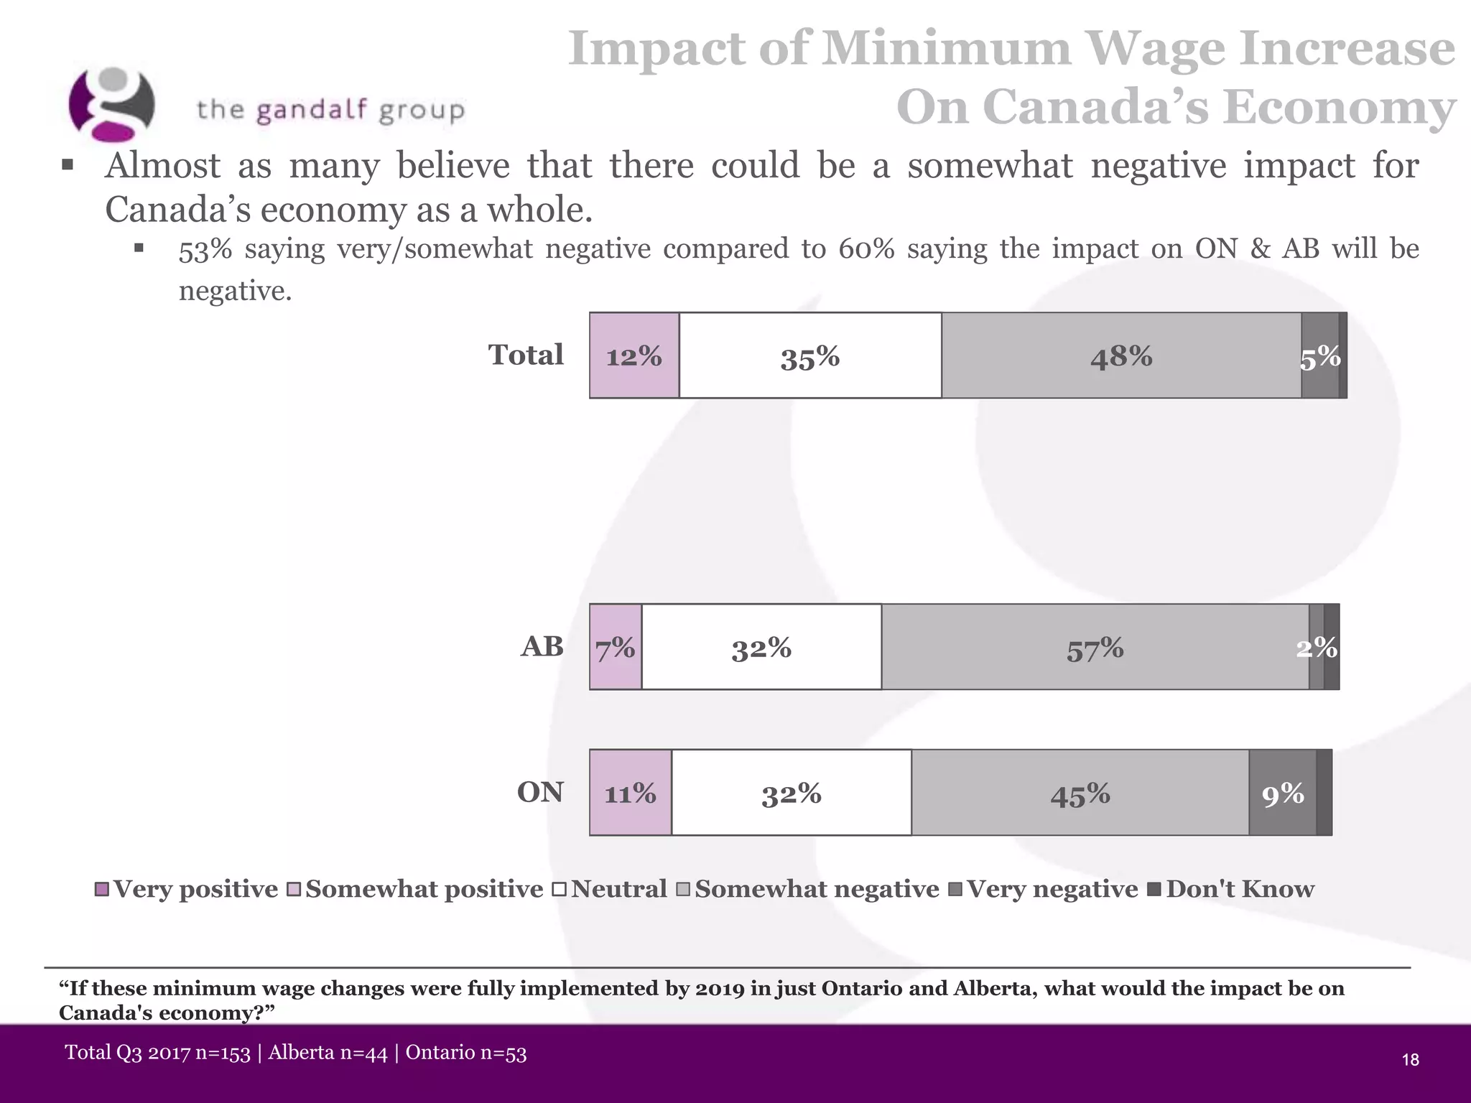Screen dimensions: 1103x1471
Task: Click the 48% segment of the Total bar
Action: pyautogui.click(x=1120, y=355)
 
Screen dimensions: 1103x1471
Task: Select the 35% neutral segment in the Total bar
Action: pyautogui.click(x=810, y=355)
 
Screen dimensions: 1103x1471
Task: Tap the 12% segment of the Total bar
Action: pyautogui.click(x=634, y=355)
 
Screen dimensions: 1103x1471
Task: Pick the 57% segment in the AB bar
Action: pyautogui.click(x=1095, y=648)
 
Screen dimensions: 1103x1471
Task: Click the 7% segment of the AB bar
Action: pyautogui.click(x=616, y=648)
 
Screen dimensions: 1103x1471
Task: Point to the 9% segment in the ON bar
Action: pyautogui.click(x=1283, y=793)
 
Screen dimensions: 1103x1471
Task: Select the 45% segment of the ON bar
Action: pyautogui.click(x=1080, y=793)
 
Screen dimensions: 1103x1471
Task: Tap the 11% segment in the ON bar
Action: pyautogui.click(x=630, y=793)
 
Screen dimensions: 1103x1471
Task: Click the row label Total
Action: pyautogui.click(x=526, y=355)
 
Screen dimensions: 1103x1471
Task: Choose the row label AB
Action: pyautogui.click(x=542, y=646)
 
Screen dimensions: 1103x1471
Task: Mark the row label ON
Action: pyautogui.click(x=540, y=792)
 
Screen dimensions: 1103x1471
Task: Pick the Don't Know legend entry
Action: pyautogui.click(x=1232, y=889)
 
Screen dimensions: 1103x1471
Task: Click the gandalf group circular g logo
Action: pyautogui.click(x=111, y=104)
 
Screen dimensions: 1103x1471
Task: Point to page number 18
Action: pyautogui.click(x=1410, y=1060)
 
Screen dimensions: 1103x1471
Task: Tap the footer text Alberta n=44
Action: pyautogui.click(x=328, y=1053)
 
